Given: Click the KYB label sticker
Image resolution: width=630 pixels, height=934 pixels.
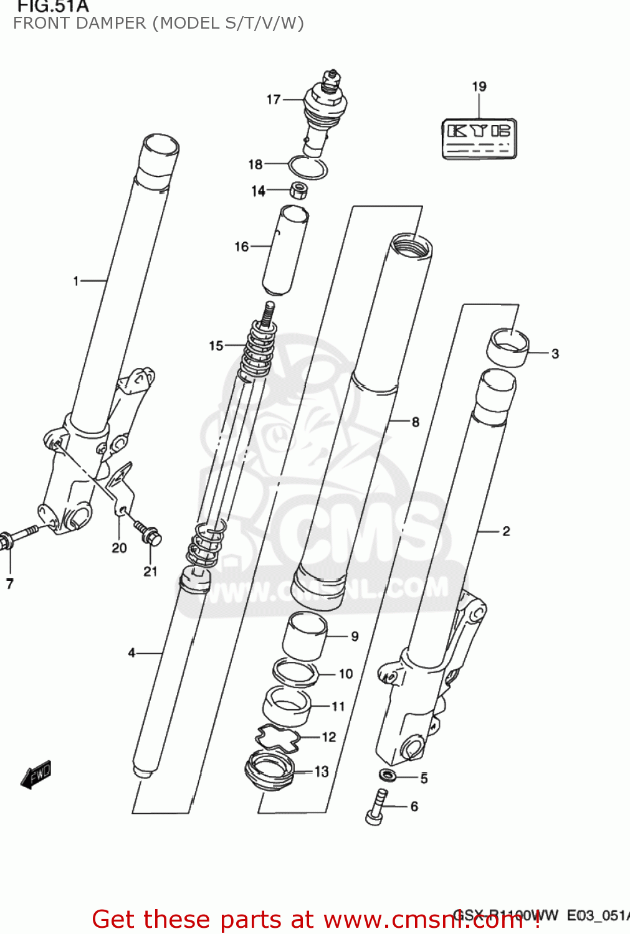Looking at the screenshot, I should pyautogui.click(x=479, y=139).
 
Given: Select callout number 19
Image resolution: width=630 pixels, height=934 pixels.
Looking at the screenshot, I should pyautogui.click(x=479, y=87).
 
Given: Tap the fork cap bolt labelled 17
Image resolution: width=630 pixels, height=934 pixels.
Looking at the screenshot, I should pyautogui.click(x=323, y=112).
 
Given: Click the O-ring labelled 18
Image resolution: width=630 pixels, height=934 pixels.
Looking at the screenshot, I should pyautogui.click(x=308, y=167).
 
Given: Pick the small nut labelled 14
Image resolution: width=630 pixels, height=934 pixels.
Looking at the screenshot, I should pyautogui.click(x=299, y=189).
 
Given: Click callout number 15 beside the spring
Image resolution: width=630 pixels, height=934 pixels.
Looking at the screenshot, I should pyautogui.click(x=216, y=346).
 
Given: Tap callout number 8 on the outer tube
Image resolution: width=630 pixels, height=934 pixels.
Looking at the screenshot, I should pyautogui.click(x=415, y=422).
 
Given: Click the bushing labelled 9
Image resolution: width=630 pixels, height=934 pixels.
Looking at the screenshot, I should pyautogui.click(x=305, y=635).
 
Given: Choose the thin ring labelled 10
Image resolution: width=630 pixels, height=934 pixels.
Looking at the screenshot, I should pyautogui.click(x=295, y=672).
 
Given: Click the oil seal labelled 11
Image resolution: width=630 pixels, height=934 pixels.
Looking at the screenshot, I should pyautogui.click(x=287, y=706).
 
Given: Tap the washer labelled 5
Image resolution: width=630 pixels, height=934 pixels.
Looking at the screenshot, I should pyautogui.click(x=388, y=775).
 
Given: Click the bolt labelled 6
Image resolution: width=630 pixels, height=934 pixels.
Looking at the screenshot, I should pyautogui.click(x=376, y=807).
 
